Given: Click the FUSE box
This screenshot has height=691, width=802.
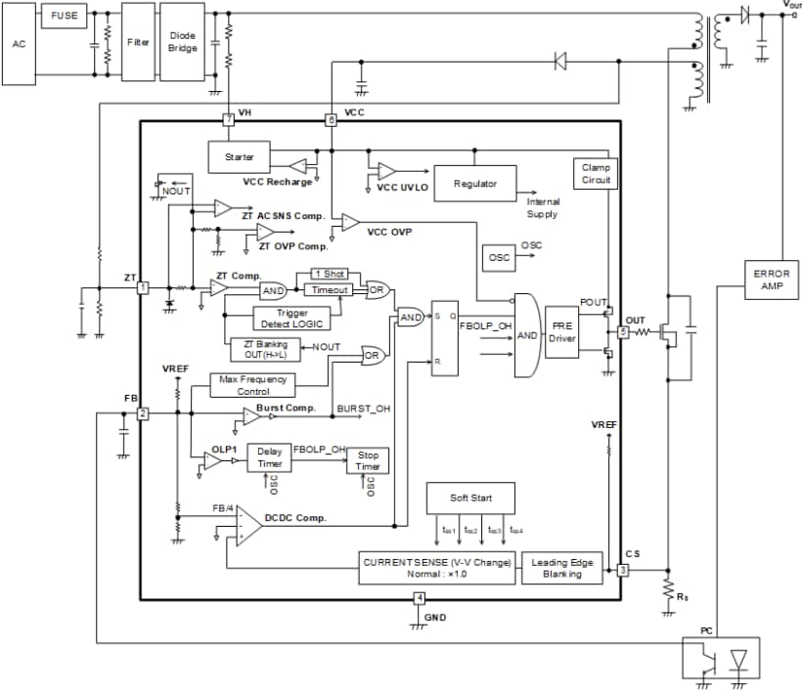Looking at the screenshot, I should point(63,17).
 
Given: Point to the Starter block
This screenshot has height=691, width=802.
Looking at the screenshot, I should point(239,156).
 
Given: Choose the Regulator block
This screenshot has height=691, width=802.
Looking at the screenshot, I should point(474,184).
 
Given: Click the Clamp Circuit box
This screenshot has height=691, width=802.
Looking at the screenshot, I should point(595,175).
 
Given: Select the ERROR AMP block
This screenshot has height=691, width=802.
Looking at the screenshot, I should point(772,279).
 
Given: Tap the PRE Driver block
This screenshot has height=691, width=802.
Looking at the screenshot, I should point(563,332).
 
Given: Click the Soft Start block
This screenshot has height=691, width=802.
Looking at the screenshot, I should point(470,498).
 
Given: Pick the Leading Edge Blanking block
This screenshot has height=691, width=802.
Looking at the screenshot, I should point(562,568).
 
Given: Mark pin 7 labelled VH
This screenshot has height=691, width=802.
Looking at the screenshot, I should point(228,120).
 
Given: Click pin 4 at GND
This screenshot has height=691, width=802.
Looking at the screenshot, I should point(420,598).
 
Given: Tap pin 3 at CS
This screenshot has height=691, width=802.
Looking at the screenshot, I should point(622,570).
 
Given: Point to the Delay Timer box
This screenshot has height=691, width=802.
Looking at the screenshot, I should point(269,457).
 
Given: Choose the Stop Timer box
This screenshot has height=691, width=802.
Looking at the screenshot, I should point(368,461).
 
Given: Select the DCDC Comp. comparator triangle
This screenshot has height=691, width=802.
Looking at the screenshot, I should point(246,528).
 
